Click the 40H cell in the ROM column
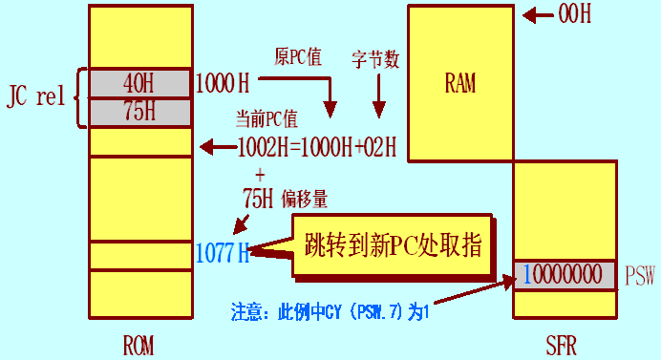[x=139, y=82]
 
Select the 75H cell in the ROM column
[x=139, y=111]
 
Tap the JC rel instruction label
[x=35, y=96]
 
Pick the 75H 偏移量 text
[x=286, y=198]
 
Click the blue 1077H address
[x=222, y=252]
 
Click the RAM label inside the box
[x=459, y=82]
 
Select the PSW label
[x=640, y=276]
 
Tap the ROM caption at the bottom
[x=139, y=342]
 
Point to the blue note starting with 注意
[x=327, y=311]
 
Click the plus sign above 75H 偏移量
[x=260, y=174]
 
